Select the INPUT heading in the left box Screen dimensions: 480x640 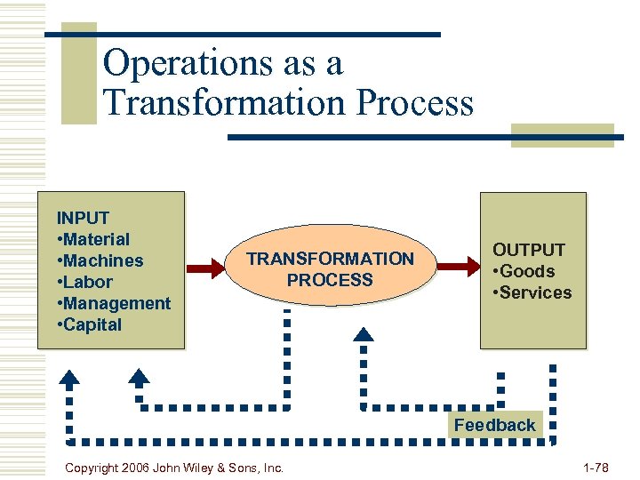tap(83, 218)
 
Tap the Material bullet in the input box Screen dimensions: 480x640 tap(93, 239)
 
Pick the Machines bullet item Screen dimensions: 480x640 tap(100, 260)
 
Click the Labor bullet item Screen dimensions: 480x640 tap(85, 282)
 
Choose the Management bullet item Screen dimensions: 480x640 tap(114, 303)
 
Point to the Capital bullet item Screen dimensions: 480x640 tap(90, 324)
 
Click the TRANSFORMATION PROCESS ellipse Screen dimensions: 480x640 tap(330, 269)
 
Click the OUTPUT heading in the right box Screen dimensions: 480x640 tap(529, 250)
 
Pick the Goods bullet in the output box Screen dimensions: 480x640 tap(524, 271)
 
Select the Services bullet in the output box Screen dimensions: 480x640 tap(532, 292)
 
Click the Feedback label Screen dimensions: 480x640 tap(495, 425)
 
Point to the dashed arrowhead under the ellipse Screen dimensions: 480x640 tap(364, 334)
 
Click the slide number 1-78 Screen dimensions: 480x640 tap(596, 467)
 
